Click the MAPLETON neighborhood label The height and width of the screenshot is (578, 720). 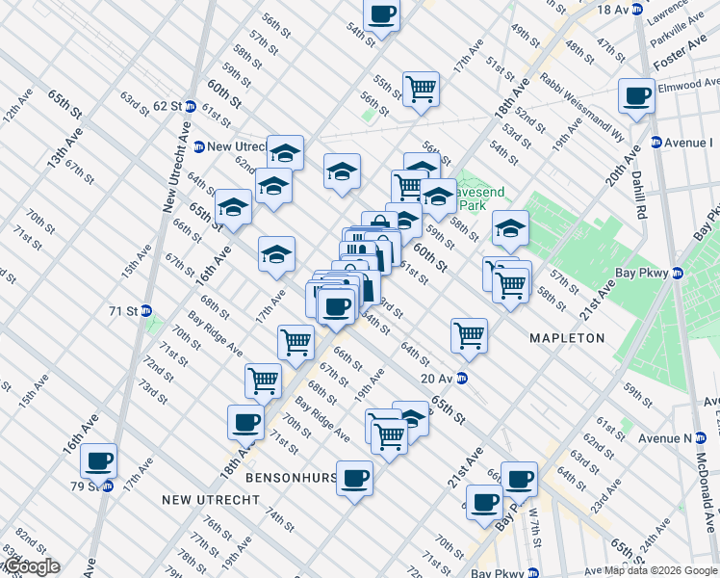(x=567, y=338)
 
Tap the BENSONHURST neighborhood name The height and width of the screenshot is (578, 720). (x=291, y=478)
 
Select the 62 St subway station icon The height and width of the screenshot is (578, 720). (x=192, y=105)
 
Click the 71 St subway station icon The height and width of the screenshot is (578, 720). (x=146, y=311)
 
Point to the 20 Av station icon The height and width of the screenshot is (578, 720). (x=462, y=379)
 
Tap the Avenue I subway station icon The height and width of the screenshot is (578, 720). (x=656, y=143)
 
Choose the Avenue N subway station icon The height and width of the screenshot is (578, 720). (x=700, y=437)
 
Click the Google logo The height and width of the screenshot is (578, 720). (x=31, y=566)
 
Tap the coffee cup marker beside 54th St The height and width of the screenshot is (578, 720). (x=382, y=15)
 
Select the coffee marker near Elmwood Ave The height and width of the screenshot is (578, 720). (x=636, y=96)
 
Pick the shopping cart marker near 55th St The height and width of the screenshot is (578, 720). (x=421, y=90)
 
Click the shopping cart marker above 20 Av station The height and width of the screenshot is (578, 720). (x=469, y=336)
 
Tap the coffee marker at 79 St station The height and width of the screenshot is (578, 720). (x=99, y=460)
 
